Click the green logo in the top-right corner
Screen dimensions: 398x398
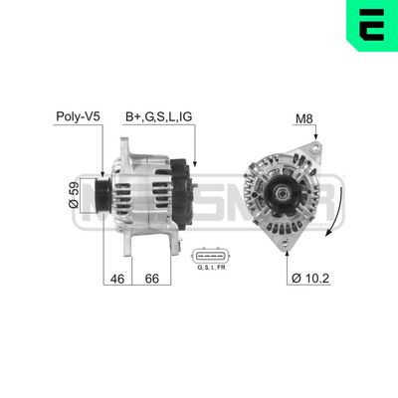click(x=368, y=27)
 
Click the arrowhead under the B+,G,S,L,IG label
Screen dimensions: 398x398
click(x=196, y=162)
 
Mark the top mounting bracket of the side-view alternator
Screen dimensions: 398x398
click(x=129, y=146)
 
